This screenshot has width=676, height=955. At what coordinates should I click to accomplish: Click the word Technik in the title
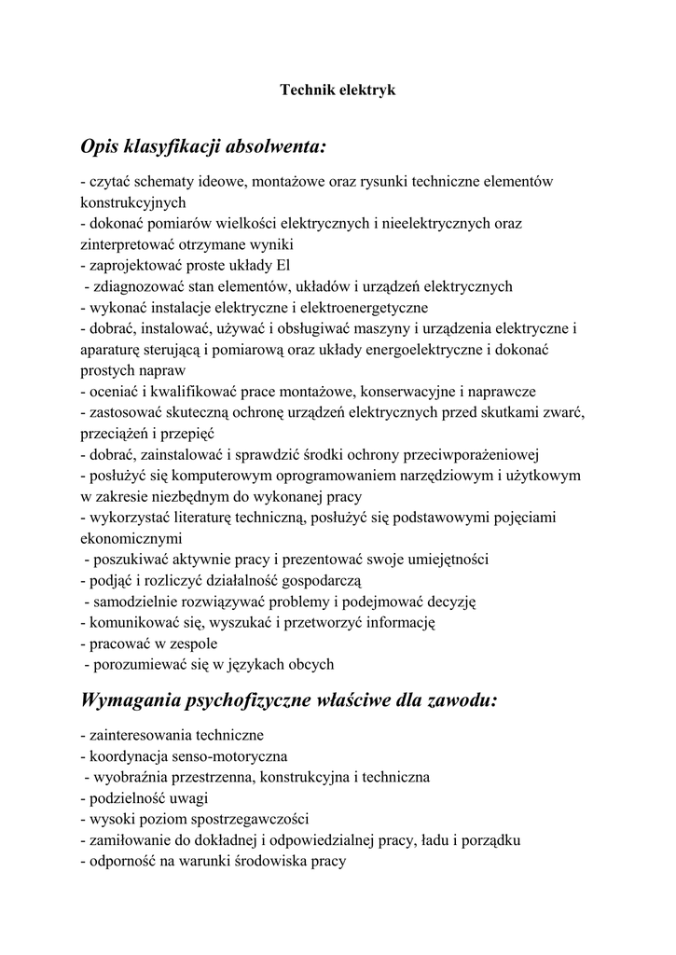[307, 90]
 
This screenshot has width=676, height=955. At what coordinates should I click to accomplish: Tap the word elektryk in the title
[366, 90]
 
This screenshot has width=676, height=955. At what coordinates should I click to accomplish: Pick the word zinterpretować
[135, 244]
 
